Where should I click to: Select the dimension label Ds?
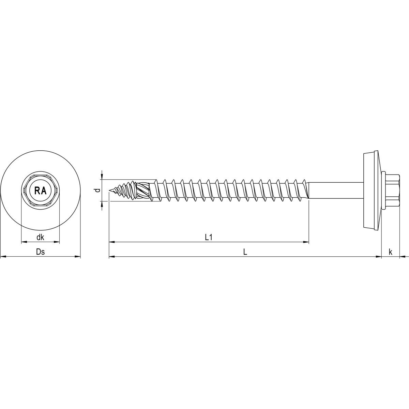(41, 252)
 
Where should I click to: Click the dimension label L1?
(209, 237)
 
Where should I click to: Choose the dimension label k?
(390, 252)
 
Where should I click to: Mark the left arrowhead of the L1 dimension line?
(111, 242)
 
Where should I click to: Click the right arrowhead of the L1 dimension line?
(306, 242)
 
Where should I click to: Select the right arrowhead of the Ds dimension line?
(78, 256)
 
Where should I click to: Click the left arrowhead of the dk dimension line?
(24, 242)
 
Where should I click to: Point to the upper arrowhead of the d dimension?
(102, 177)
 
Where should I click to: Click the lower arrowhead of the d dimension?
(102, 204)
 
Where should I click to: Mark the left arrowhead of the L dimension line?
(111, 256)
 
